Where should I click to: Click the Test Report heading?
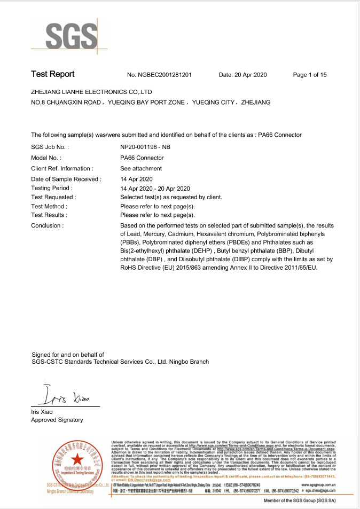click(53, 74)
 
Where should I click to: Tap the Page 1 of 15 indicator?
click(310, 75)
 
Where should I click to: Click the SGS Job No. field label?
click(50, 147)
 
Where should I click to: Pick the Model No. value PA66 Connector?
click(142, 158)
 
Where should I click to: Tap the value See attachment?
click(141, 169)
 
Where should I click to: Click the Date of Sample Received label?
click(66, 179)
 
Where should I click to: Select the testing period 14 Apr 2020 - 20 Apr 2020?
click(155, 189)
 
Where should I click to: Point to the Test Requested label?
click(54, 197)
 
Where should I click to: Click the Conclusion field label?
click(48, 225)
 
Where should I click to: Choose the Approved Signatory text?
click(57, 420)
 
